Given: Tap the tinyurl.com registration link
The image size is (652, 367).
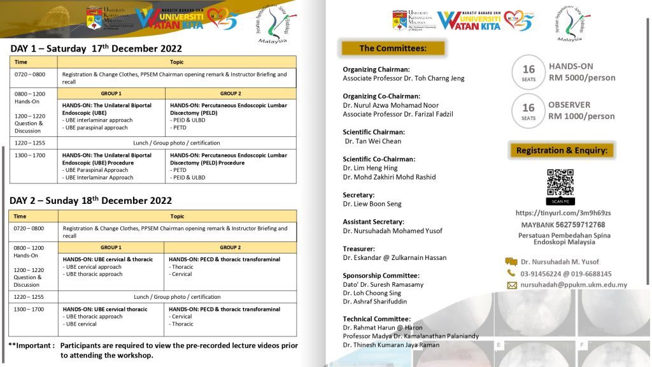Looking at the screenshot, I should point(563,213).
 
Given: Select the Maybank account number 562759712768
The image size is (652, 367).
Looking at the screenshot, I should point(579,225).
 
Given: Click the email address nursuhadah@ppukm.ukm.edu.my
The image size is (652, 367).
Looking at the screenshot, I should point(574,285).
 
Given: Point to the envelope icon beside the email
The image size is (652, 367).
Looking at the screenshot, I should point(511,285).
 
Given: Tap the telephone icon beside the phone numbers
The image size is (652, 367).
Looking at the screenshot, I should point(511,273).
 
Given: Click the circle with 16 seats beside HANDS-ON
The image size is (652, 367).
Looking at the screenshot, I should point(528,72).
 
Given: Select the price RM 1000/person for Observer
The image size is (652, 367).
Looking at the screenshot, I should point(581,116).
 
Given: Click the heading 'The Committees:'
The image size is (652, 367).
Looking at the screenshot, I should point(392,48).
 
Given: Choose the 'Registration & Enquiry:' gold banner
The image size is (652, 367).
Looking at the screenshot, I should point(561,150).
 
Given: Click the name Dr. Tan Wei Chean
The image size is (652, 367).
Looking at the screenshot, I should point(373,141).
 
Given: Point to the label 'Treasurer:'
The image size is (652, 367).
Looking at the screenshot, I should point(358,248).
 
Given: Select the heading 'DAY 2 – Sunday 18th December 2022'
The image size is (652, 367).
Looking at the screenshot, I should point(91,201).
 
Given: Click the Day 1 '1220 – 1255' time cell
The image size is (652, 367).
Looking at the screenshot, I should point(29,143).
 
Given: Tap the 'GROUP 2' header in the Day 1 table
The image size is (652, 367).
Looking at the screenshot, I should point(230,93).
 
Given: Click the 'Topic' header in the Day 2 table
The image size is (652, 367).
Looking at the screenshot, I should point(177,217).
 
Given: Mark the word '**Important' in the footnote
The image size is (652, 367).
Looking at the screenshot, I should point(31,345).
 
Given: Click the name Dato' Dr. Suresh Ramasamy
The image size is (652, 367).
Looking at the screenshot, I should point(383,285).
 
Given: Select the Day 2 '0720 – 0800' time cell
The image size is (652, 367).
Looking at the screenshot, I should point(29,228).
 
